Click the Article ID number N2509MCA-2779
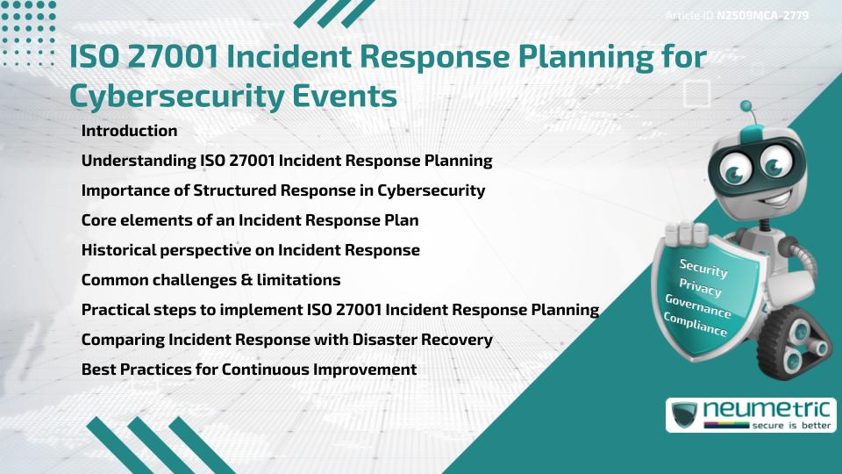tap(761, 15)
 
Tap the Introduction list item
tap(129, 131)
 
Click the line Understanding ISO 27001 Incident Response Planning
tap(286, 161)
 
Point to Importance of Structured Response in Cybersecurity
tap(282, 190)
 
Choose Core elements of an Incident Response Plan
tap(249, 220)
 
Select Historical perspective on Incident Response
tap(250, 250)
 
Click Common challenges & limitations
tap(210, 280)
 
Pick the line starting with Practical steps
tap(339, 310)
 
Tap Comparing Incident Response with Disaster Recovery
tap(286, 340)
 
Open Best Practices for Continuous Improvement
tap(248, 370)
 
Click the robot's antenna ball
tap(747, 108)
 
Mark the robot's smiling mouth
tap(757, 196)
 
